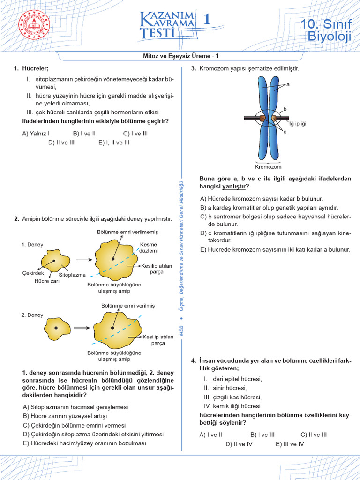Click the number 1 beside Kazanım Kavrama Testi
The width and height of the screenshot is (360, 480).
tap(207, 19)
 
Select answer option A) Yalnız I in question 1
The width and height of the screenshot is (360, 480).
tap(36, 133)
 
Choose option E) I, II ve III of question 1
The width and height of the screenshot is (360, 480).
tap(114, 142)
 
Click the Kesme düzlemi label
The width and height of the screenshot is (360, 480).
tap(149, 247)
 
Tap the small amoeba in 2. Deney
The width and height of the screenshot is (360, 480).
tap(56, 328)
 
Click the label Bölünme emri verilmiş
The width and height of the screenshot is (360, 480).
tap(127, 306)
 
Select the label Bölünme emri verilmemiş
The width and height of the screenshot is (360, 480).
tap(127, 232)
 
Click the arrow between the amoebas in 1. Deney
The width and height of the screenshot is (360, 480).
tap(83, 259)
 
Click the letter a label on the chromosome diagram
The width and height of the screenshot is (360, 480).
tap(288, 85)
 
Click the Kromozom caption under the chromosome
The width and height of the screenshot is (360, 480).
tap(268, 166)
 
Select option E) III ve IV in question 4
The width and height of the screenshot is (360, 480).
tap(290, 443)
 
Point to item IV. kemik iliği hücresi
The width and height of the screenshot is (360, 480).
tap(232, 406)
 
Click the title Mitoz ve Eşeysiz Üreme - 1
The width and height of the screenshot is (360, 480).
tap(180, 56)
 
